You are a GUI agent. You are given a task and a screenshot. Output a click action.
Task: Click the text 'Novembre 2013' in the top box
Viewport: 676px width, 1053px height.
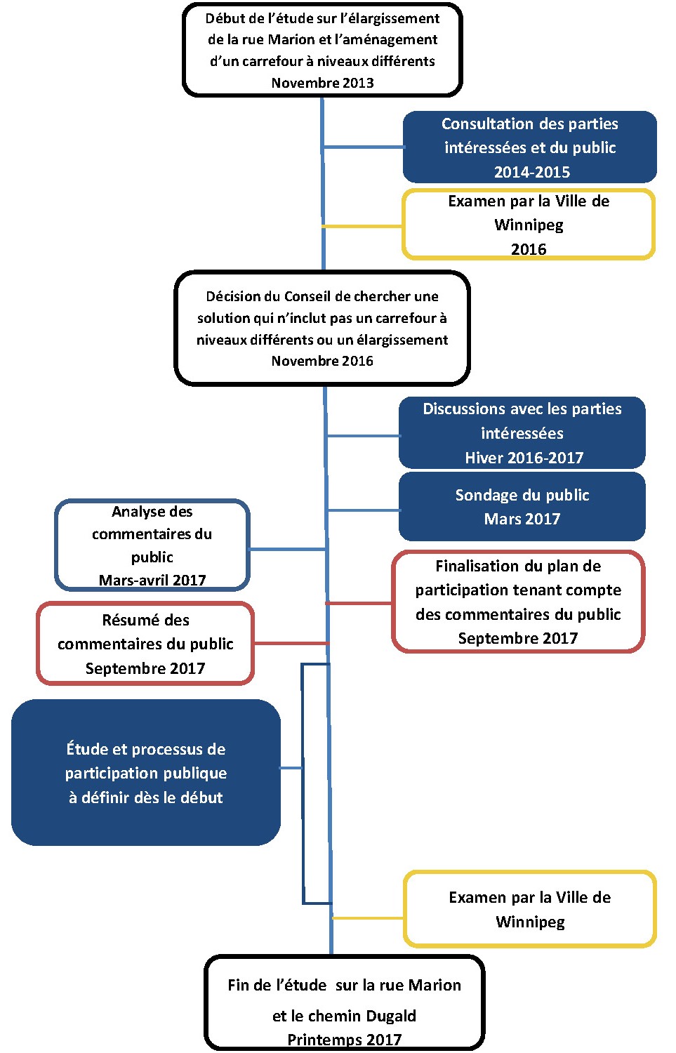click(x=322, y=83)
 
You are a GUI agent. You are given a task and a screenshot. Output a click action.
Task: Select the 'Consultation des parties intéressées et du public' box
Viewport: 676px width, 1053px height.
click(x=530, y=147)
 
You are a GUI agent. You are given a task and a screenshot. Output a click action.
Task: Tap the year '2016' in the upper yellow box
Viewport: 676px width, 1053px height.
click(x=529, y=249)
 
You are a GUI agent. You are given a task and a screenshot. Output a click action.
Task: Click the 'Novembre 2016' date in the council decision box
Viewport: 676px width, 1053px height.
click(x=322, y=361)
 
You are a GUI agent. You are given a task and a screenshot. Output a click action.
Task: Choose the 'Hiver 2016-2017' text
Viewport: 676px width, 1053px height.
click(x=524, y=458)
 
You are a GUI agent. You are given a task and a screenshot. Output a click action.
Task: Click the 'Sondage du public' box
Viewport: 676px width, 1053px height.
click(x=522, y=507)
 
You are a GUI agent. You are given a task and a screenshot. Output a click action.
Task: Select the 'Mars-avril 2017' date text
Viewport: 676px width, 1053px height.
click(x=152, y=580)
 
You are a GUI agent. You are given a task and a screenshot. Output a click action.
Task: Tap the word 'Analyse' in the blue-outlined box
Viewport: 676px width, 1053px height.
click(x=132, y=512)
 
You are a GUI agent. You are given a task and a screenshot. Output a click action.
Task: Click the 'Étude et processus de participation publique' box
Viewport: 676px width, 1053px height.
click(x=146, y=772)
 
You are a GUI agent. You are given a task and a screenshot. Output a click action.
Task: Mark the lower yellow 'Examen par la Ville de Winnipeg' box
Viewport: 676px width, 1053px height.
click(x=530, y=909)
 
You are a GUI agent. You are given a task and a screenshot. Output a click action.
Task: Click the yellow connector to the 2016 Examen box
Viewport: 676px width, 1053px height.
click(x=362, y=227)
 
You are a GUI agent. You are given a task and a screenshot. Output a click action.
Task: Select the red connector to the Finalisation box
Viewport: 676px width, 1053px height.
click(x=359, y=603)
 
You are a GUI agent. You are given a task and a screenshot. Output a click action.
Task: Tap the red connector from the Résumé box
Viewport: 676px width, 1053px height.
click(x=291, y=643)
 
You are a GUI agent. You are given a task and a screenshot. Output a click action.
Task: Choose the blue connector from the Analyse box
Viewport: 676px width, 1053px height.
click(x=288, y=549)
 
